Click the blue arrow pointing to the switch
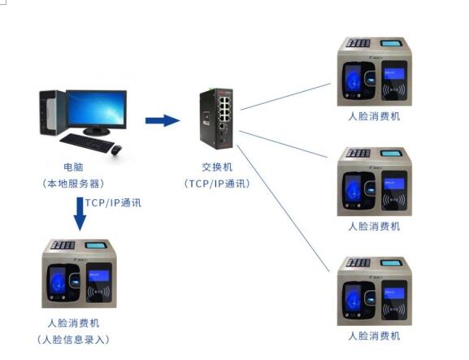[x=163, y=120]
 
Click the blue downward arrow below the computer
[x=80, y=214]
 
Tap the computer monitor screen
[x=96, y=109]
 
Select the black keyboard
[x=87, y=143]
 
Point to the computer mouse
[x=116, y=150]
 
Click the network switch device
[x=216, y=119]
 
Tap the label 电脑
[x=73, y=167]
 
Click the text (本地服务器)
[x=73, y=184]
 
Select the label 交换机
[x=217, y=167]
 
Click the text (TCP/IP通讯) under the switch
[x=217, y=184]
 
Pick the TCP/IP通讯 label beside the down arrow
[x=113, y=202]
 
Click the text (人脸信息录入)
[x=73, y=340]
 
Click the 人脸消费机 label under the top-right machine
[x=374, y=116]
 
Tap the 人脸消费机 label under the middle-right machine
[x=374, y=227]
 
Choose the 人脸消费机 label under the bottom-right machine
[x=374, y=336]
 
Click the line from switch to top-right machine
[x=285, y=97]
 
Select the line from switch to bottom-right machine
[x=283, y=208]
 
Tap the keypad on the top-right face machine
[x=358, y=43]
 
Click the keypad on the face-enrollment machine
[x=63, y=245]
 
